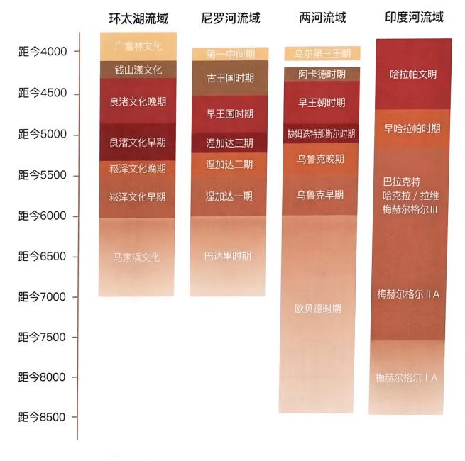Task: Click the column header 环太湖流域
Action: (138, 18)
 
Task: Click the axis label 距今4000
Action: (43, 52)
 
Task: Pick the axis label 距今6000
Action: (43, 216)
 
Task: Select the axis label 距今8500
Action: (43, 417)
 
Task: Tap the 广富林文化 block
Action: (138, 47)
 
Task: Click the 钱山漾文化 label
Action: (138, 70)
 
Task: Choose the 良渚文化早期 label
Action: (138, 143)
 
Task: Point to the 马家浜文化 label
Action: (138, 257)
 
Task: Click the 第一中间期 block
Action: (229, 54)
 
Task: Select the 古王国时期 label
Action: (229, 78)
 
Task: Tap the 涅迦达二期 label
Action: (229, 165)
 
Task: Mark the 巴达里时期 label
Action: (229, 256)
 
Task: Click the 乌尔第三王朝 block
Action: (322, 53)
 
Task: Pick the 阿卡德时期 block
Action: (322, 74)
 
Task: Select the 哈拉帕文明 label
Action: (413, 74)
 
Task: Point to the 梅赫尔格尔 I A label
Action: (407, 378)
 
